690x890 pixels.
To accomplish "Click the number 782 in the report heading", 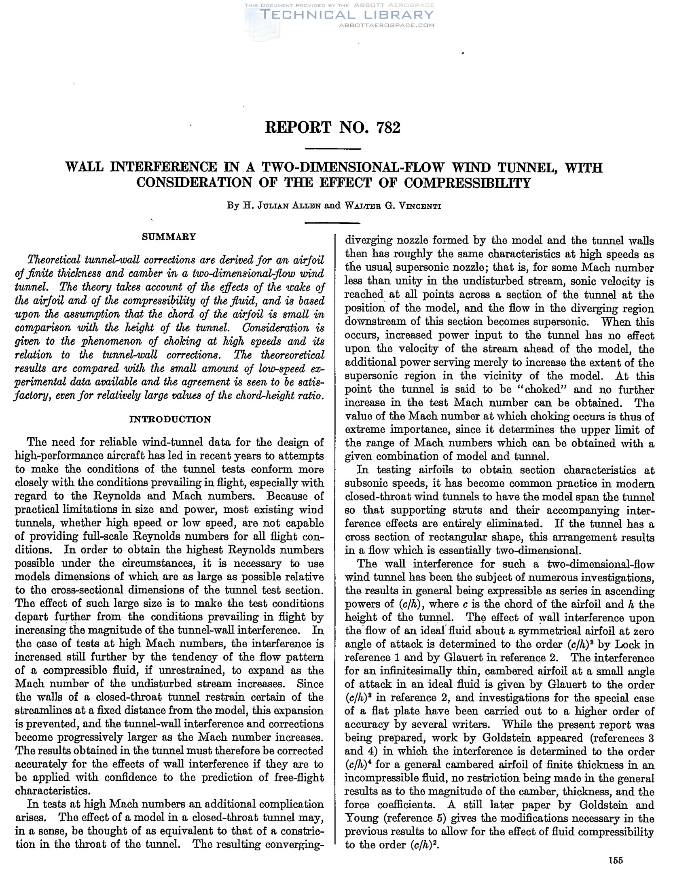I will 389,127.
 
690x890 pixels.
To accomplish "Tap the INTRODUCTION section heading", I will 170,420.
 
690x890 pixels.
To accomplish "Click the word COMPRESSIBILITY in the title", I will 467,183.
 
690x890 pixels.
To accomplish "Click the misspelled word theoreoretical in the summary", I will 292,354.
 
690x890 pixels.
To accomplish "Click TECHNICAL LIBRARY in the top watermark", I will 347,15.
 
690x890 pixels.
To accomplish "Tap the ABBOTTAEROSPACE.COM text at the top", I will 387,25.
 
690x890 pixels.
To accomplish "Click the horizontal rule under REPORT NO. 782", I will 333,149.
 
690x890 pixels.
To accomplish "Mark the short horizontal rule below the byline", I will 333,222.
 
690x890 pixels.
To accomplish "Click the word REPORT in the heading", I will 298,127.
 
